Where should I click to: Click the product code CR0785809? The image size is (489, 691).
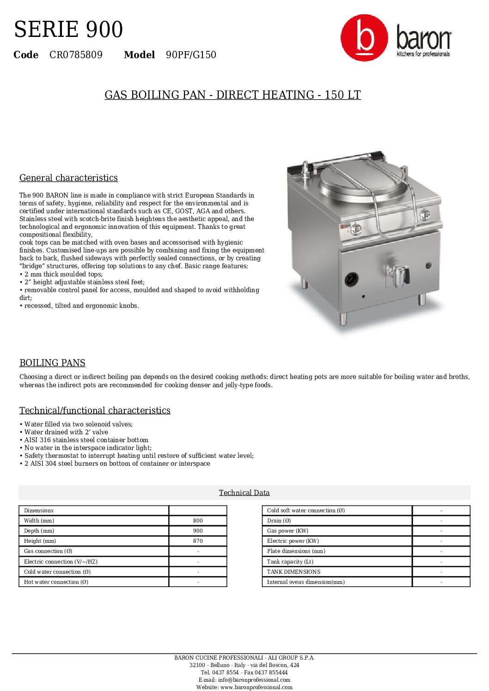point(76,55)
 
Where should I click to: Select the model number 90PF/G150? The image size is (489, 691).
point(191,55)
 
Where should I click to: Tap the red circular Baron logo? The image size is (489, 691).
point(364,38)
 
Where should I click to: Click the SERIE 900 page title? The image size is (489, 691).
point(68,30)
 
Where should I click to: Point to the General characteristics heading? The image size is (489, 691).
point(68,178)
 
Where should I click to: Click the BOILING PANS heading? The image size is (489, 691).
point(52,363)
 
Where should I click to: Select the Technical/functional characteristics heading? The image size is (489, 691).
point(95,410)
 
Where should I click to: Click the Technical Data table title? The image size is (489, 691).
point(244,493)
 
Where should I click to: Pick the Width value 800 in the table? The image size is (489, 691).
point(198,521)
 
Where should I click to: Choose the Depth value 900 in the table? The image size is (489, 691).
point(198,531)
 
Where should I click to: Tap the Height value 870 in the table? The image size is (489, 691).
point(198,541)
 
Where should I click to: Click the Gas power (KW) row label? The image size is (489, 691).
point(287,531)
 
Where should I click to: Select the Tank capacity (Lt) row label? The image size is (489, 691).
point(290,562)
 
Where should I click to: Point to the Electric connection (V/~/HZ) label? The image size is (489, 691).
point(61,562)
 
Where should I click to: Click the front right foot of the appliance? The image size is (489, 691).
point(422,300)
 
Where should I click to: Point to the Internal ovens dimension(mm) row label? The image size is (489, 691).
point(306,582)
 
